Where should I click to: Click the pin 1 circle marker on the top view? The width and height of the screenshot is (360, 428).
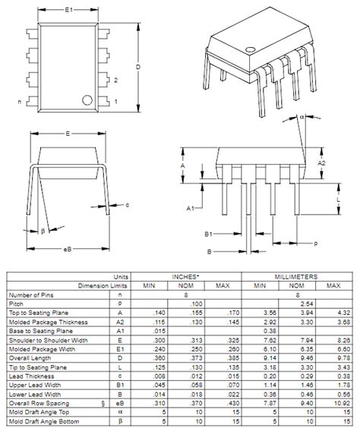click(88, 99)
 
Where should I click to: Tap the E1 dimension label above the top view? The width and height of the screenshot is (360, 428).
click(68, 9)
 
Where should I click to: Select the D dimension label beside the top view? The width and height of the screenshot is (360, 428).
click(137, 67)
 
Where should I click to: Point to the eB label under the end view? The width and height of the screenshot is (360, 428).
click(68, 247)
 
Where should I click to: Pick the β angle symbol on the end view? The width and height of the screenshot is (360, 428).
click(43, 231)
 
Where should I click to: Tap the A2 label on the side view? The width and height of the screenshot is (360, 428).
click(321, 162)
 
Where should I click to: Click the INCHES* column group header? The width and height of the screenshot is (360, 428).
click(186, 278)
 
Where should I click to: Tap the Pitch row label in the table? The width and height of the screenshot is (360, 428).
click(16, 303)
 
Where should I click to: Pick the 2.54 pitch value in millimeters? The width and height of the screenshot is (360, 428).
click(296, 303)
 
